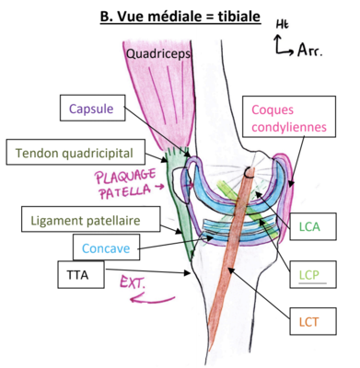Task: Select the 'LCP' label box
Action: click(308, 273)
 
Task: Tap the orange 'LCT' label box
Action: click(308, 322)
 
